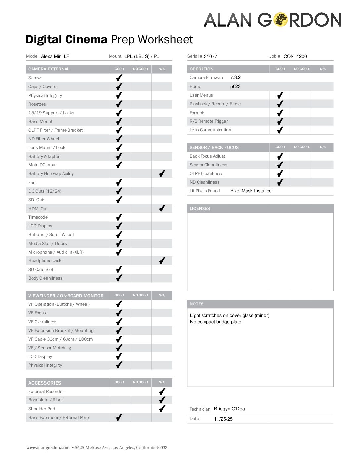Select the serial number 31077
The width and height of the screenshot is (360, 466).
click(210, 56)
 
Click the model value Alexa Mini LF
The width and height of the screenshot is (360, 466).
click(55, 56)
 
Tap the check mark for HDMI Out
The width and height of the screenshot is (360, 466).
click(162, 208)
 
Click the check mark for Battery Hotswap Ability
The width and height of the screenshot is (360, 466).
click(162, 173)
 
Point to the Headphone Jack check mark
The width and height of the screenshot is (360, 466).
click(162, 260)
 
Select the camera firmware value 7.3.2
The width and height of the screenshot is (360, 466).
click(235, 77)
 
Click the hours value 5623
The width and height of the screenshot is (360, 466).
click(235, 86)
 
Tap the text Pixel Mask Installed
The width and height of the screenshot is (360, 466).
click(251, 191)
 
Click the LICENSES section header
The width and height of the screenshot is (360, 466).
click(200, 208)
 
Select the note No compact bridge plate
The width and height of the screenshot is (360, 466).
click(215, 322)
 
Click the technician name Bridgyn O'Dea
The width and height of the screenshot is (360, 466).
click(229, 409)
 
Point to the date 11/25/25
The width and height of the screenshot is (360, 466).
click(223, 419)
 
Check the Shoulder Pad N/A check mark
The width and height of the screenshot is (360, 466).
click(162, 409)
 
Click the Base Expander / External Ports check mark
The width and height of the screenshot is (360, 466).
click(119, 417)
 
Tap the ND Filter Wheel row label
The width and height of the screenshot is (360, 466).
click(44, 139)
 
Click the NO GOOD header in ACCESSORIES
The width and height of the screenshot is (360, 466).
click(140, 382)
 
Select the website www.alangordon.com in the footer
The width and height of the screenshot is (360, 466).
click(48, 448)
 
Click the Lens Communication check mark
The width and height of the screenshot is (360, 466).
click(280, 130)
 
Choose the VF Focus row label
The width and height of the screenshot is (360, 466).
click(37, 313)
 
